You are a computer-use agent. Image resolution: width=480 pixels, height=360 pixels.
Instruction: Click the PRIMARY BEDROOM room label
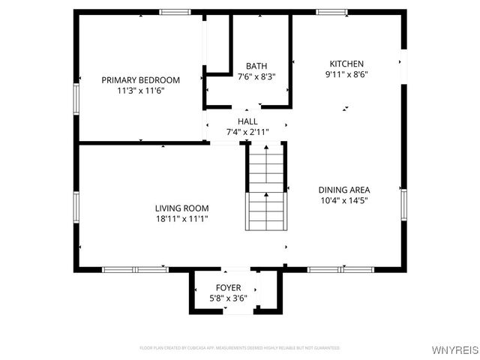141,80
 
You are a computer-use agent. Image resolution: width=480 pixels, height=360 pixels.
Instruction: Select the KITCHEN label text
346,64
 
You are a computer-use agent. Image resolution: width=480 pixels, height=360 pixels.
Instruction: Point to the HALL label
247,121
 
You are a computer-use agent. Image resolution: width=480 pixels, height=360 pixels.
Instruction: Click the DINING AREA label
344,190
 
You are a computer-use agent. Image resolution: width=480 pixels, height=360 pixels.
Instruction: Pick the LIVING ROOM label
181,208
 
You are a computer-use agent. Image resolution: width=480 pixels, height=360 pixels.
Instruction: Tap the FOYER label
229,288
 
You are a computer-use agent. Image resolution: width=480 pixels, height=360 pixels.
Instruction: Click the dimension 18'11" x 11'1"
181,219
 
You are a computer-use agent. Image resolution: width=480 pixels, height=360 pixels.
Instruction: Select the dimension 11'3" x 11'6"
141,90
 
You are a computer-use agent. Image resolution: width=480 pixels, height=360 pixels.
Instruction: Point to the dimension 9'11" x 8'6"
346,74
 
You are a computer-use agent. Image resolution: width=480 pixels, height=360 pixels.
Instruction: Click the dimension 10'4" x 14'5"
344,200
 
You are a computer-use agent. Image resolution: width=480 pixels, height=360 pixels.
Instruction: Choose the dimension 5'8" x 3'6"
229,298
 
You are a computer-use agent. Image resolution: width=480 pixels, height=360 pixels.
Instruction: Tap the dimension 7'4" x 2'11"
247,132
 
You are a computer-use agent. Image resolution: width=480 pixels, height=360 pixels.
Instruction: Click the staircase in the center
266,187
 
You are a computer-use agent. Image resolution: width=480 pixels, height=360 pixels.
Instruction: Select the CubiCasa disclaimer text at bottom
240,348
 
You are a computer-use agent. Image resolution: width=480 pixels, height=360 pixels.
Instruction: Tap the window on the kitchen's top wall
331,12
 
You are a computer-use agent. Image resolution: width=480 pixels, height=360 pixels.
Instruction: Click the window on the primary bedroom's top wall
175,12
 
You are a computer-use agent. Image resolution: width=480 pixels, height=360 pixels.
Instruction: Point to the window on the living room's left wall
76,206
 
